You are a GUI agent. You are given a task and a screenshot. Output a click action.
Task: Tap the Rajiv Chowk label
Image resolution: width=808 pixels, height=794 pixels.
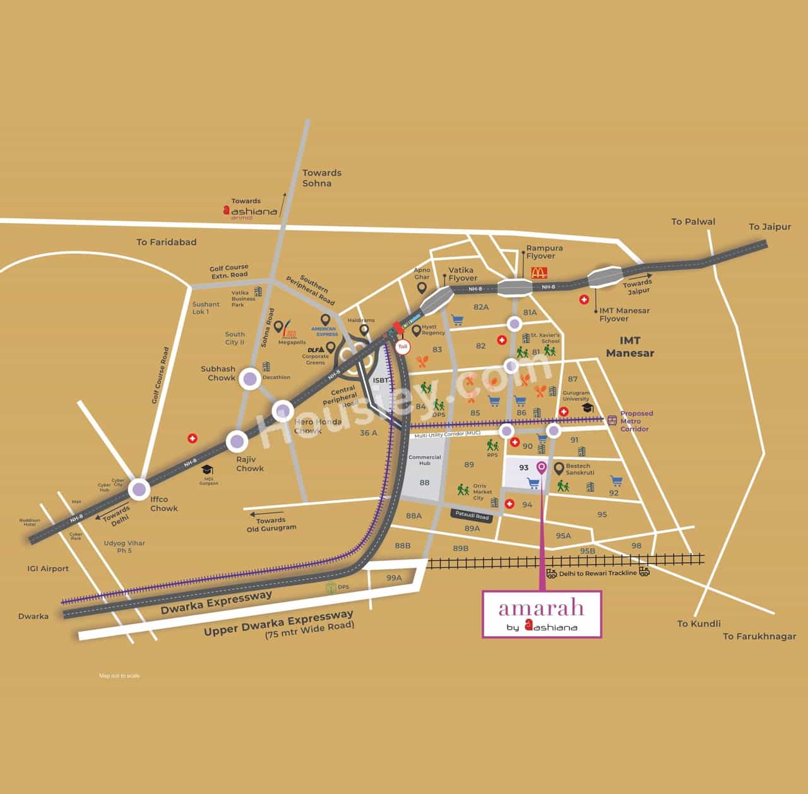[x=249, y=464]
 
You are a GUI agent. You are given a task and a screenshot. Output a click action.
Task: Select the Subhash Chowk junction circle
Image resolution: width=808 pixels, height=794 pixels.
[x=251, y=379]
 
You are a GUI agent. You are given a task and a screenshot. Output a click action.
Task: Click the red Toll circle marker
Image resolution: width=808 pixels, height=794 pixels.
[x=403, y=347]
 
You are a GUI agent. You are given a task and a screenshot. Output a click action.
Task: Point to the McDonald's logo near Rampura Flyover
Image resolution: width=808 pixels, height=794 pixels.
[x=538, y=273]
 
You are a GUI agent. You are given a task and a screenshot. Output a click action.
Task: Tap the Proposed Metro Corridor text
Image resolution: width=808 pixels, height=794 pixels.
[x=636, y=421]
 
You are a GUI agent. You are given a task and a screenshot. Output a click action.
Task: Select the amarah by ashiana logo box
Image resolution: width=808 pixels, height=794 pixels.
[x=542, y=613]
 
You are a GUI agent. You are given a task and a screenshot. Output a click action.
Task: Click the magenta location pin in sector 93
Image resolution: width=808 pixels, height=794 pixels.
[x=541, y=467]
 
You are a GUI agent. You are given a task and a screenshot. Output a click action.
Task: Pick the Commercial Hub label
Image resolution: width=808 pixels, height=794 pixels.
[x=424, y=460]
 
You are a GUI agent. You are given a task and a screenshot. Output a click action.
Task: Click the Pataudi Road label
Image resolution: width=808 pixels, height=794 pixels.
[x=472, y=516]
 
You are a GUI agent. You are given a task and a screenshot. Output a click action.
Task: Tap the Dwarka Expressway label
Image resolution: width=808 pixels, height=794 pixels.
[x=216, y=602]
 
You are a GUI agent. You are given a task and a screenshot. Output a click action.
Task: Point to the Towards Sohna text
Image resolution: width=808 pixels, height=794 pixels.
[x=321, y=177]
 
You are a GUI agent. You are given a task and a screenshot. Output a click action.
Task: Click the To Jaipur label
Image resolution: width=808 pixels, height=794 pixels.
[x=769, y=226]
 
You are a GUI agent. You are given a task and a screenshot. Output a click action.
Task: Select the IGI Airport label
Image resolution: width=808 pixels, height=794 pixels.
[x=48, y=568]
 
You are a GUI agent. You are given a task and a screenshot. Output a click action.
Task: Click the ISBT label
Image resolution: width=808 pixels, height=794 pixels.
[x=381, y=380]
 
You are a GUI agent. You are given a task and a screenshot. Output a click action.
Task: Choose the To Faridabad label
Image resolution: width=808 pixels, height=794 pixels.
[x=167, y=242]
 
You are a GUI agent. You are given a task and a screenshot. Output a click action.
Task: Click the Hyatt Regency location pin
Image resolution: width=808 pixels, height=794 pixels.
[x=416, y=330]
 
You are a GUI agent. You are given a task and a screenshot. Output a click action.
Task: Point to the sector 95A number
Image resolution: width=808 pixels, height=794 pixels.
[x=563, y=536]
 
